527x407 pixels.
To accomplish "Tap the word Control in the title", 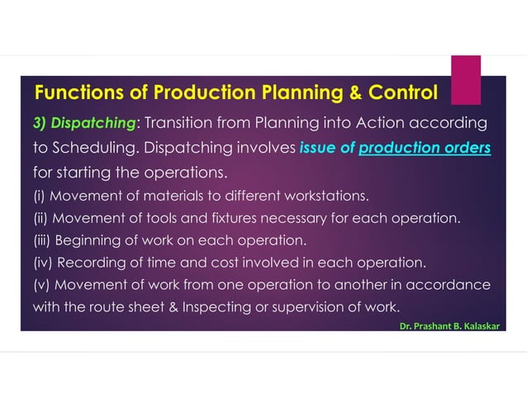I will pos(402,90).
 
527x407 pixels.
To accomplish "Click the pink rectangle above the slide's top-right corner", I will pos(466,79).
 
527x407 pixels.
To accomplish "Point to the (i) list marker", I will pos(40,196).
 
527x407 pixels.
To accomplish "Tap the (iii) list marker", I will pos(43,241).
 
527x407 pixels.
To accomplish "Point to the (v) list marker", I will pos(41,286).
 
